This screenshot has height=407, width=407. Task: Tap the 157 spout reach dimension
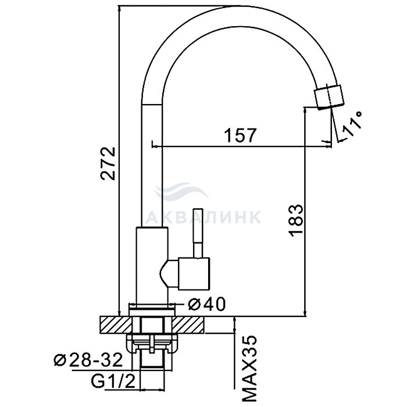[240, 135]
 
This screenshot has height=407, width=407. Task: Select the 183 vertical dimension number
[295, 220]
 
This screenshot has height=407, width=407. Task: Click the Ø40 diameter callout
[207, 304]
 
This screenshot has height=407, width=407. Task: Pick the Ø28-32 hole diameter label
[88, 360]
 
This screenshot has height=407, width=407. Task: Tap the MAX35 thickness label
[249, 369]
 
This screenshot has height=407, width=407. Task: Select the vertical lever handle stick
[198, 233]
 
